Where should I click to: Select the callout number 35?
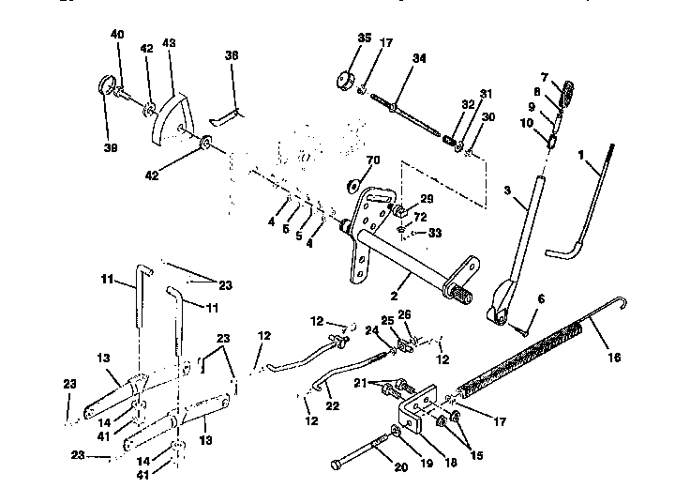(338, 38)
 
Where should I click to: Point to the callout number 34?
(418, 59)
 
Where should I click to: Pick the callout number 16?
(615, 358)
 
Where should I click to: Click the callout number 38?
(232, 56)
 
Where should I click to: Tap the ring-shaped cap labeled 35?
(342, 78)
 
